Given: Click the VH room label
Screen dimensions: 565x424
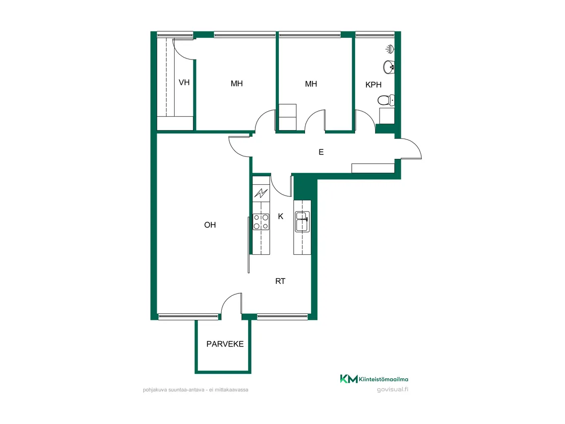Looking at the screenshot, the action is pyautogui.click(x=184, y=82).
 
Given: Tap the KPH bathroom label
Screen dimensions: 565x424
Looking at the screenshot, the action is pyautogui.click(x=374, y=85).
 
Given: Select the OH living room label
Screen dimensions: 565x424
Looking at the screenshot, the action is pyautogui.click(x=210, y=225).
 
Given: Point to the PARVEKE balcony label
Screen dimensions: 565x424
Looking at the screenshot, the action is pyautogui.click(x=225, y=344).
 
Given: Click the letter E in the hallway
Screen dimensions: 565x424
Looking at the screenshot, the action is pyautogui.click(x=321, y=152).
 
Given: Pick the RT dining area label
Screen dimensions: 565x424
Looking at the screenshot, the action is pyautogui.click(x=280, y=281).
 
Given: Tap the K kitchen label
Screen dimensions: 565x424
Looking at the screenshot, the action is pyautogui.click(x=281, y=216).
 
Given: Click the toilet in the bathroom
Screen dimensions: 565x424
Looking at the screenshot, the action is pyautogui.click(x=386, y=100).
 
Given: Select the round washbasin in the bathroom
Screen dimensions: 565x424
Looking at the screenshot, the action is pyautogui.click(x=389, y=67).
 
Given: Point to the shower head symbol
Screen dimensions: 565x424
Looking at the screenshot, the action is pyautogui.click(x=389, y=49).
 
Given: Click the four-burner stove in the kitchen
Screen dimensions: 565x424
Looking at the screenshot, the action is pyautogui.click(x=261, y=222).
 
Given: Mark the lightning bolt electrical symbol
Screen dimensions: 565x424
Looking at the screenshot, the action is pyautogui.click(x=261, y=193).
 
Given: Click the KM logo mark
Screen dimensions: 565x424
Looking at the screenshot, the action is pyautogui.click(x=349, y=379).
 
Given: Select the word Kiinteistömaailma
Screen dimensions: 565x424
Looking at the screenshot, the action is pyautogui.click(x=383, y=379).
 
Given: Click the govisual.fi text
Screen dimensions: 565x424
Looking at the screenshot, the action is pyautogui.click(x=392, y=389).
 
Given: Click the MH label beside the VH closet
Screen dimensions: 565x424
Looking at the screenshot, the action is pyautogui.click(x=237, y=83).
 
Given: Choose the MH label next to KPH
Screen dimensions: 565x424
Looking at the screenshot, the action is pyautogui.click(x=311, y=84).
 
